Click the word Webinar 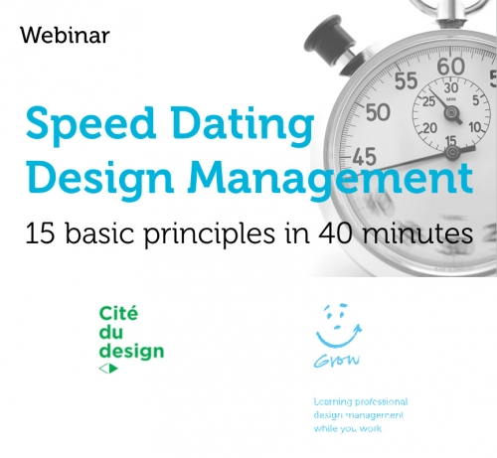point(65,35)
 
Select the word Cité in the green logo point(118,313)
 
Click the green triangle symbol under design point(113,368)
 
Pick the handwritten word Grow point(337,361)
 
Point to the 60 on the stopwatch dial point(451,67)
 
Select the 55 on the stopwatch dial point(407,80)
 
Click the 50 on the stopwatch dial point(379,112)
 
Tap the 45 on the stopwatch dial point(365,156)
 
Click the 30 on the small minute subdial point(451,88)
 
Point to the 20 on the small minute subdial point(430,128)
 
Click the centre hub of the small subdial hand point(450,113)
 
